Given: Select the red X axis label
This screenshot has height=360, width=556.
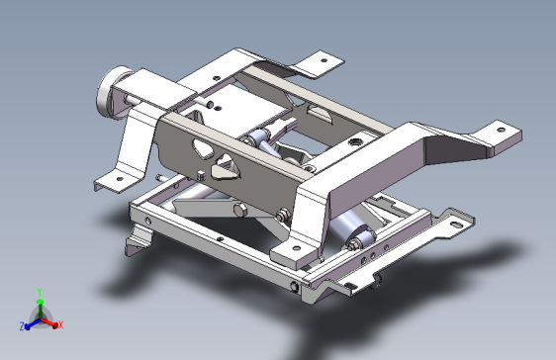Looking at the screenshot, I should pos(60,324).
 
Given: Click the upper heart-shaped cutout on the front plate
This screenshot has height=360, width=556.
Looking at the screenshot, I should pos(201,149).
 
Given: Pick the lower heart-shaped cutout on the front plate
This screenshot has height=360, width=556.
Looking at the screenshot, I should pos(229,168).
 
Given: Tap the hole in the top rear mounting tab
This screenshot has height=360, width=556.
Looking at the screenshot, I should pos(321,58).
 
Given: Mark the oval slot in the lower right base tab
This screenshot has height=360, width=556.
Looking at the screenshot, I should pos(456,224).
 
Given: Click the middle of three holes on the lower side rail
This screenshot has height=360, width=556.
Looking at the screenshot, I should pos(374,253).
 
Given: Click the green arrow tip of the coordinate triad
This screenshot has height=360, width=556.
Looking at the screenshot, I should pos(39,299).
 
